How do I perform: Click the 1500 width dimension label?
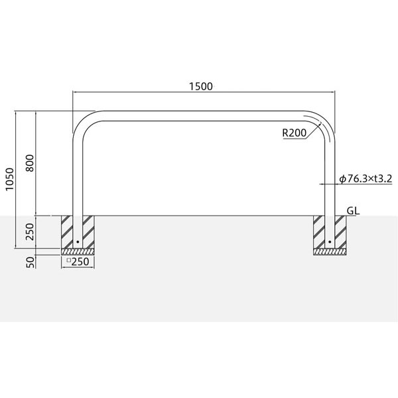[x=201, y=86]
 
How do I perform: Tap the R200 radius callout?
[x=295, y=133]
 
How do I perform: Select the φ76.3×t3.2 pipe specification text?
[x=365, y=178]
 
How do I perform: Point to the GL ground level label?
[x=353, y=211]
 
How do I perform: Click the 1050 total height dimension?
[x=10, y=179]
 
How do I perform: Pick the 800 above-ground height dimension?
[x=30, y=163]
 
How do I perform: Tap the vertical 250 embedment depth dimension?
[x=30, y=232]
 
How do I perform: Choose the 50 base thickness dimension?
[x=30, y=262]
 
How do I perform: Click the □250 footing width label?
[x=78, y=261]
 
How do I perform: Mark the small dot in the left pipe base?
[x=78, y=242]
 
